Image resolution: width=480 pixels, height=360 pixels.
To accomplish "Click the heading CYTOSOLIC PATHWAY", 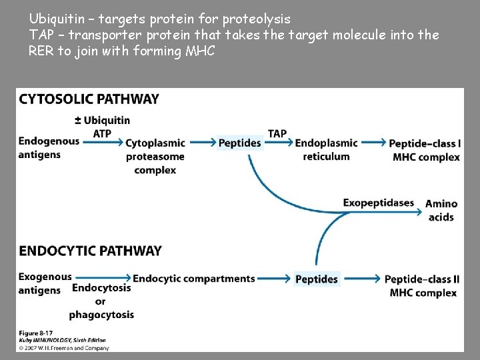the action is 89,99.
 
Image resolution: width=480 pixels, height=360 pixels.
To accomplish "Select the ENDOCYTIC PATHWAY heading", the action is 91,251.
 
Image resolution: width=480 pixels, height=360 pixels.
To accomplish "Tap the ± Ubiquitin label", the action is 102,120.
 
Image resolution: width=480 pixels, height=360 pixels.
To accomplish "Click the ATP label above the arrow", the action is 102,133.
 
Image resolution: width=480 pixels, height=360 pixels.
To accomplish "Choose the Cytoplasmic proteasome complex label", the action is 155,157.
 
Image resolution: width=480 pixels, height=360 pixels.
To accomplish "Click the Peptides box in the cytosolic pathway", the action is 240,143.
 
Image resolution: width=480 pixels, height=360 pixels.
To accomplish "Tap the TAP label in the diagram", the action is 277,133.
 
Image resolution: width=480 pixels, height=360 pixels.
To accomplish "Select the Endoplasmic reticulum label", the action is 326,149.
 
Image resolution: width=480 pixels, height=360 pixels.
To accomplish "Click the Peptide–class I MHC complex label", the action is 425,150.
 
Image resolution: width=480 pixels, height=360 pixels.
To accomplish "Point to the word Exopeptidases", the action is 379,203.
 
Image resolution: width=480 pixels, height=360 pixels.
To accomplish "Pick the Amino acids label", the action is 441,210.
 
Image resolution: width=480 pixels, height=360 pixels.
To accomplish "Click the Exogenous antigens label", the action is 45,283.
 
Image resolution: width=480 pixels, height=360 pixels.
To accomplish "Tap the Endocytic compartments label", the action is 194,279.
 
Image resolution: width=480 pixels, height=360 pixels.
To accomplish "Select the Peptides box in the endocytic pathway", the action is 317,279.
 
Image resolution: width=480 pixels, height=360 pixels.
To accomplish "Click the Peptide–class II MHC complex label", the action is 421,285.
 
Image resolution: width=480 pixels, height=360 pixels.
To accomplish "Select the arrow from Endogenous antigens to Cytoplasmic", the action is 101,143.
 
